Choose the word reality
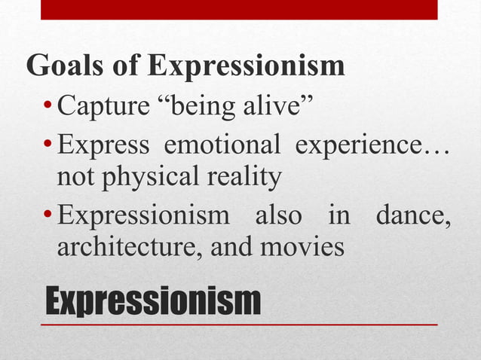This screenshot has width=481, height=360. (242, 178)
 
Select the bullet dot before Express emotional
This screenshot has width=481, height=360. (47, 145)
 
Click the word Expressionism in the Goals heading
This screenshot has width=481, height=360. (246, 66)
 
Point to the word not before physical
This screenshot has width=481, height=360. (75, 179)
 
